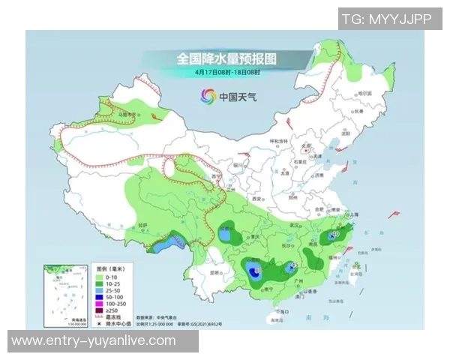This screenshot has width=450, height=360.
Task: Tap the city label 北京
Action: [x=304, y=147]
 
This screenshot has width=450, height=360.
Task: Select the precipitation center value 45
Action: [x=295, y=265]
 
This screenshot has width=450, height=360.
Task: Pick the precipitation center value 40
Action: [x=335, y=235]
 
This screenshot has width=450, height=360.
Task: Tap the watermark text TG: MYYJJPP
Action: [x=386, y=19]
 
